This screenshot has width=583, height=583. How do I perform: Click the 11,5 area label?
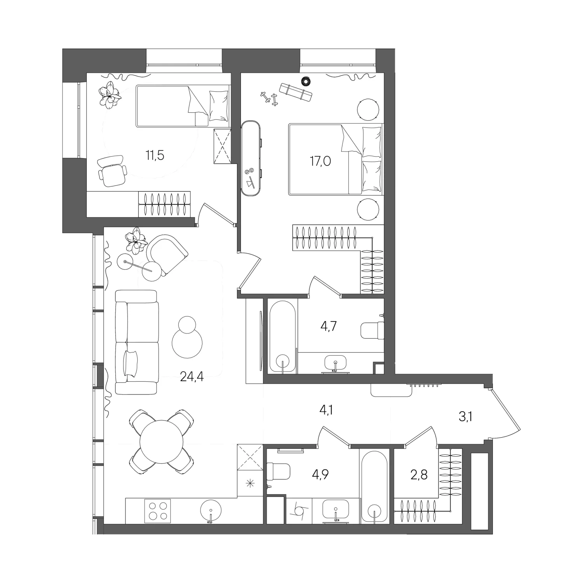coord(155,155)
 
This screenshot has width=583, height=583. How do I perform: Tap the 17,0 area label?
coord(320,161)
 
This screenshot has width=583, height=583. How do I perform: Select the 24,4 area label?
coord(192,376)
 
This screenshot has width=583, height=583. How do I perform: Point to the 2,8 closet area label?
coord(419,475)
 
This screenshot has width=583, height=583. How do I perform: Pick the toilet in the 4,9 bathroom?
coord(279,471)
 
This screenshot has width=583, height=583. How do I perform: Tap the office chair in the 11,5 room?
coord(112,171)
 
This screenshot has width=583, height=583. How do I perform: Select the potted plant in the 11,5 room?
coord(109,94)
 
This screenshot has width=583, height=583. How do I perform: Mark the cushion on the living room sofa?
coord(130,363)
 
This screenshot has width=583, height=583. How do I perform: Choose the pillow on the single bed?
coord(218,106)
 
